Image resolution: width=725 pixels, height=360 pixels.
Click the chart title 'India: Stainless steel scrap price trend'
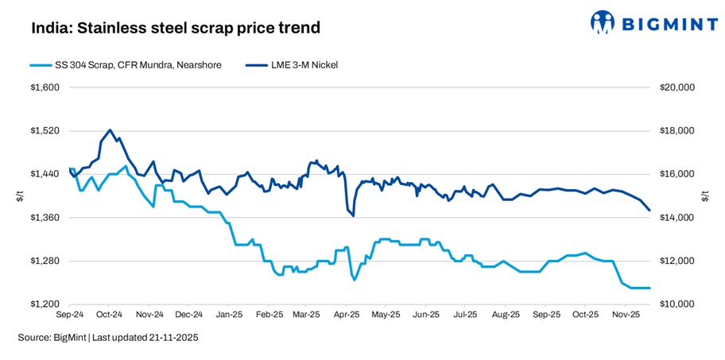(176, 29)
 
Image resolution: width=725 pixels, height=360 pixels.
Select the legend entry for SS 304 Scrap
(125, 64)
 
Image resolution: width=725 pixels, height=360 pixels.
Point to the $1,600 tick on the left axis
(45, 87)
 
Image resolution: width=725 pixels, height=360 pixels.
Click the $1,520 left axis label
(45, 131)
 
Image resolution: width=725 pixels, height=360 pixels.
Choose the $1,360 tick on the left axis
(45, 218)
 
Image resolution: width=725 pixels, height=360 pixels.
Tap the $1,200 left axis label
(45, 304)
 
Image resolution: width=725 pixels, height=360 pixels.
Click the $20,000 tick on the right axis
(677, 87)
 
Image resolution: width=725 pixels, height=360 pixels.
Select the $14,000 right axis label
(677, 218)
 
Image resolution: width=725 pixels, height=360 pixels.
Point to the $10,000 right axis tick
(677, 304)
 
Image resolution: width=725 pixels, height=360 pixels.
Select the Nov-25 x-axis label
(626, 314)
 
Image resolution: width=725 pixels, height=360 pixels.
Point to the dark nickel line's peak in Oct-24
(110, 130)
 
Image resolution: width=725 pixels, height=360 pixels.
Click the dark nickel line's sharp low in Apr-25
(353, 215)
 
